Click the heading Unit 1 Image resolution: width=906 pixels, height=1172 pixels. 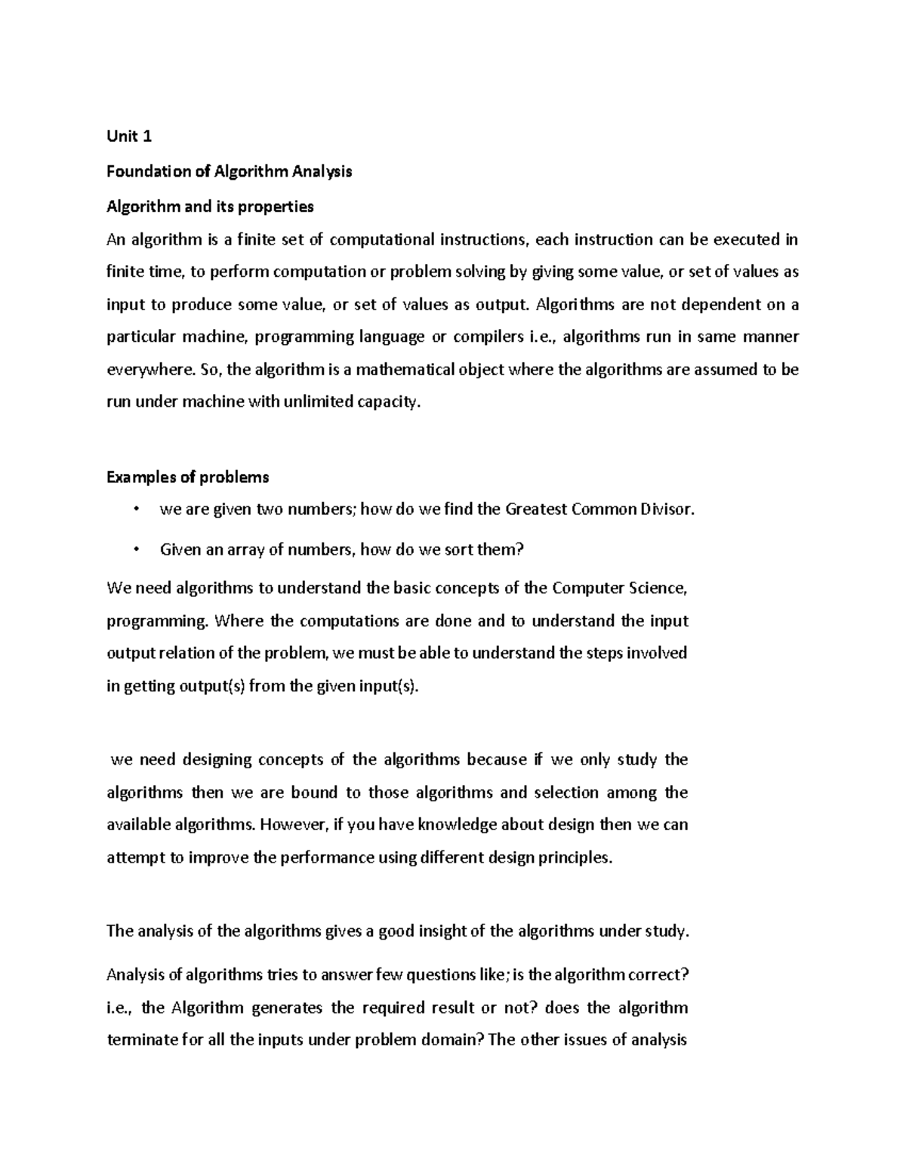coord(129,137)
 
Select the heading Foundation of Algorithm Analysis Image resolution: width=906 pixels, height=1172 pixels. coord(229,171)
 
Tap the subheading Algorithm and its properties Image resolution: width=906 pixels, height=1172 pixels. coord(210,206)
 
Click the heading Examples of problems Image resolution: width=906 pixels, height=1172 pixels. coord(187,477)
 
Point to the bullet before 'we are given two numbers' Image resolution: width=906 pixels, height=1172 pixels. coord(136,509)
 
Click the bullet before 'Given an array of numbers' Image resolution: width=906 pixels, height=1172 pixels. coord(136,549)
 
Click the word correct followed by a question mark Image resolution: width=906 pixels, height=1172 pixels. coord(657,975)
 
